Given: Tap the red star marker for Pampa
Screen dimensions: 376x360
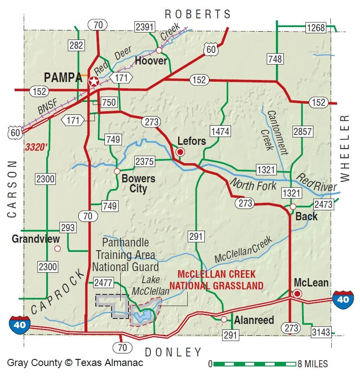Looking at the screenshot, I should click(x=94, y=82).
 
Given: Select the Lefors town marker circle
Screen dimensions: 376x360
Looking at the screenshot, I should click(x=180, y=152).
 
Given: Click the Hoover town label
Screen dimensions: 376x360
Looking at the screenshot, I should click(x=151, y=61).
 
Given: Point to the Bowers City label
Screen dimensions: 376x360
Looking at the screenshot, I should click(x=138, y=184).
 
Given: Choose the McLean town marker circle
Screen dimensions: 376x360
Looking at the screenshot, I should click(x=297, y=294).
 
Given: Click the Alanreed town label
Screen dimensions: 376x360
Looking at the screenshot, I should click(x=254, y=320).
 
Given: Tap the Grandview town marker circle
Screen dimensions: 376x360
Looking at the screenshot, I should click(x=57, y=249).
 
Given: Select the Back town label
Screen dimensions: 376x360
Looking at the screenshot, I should click(x=306, y=217).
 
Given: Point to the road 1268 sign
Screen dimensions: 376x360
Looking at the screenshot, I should click(x=316, y=28).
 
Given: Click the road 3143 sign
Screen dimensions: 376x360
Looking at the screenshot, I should click(x=320, y=332).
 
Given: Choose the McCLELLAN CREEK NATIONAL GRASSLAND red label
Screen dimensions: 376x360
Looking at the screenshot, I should click(x=220, y=280).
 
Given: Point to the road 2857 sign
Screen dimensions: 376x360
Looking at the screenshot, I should click(x=303, y=132).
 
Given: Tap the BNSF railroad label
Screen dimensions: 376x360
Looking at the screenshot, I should click(x=44, y=110).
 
